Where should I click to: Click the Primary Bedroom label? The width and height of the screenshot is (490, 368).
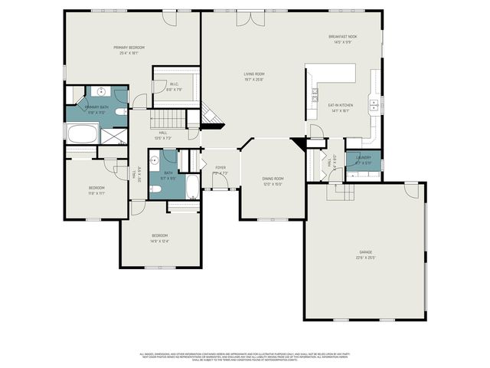(x=129, y=50)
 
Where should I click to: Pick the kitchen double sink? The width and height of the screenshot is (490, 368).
(x=374, y=105)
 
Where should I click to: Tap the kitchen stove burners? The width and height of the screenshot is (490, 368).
(x=315, y=95)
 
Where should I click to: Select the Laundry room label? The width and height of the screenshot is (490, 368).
(x=363, y=159)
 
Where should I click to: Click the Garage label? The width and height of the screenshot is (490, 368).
(x=366, y=254)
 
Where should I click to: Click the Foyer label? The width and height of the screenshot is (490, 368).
(x=220, y=169)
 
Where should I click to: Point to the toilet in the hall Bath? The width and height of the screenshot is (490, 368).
(x=155, y=187)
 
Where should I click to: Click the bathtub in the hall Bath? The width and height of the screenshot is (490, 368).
(x=192, y=185)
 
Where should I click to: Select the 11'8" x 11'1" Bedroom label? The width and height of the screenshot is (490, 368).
(x=96, y=190)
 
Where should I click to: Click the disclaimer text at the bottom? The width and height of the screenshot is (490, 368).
(x=244, y=356)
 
